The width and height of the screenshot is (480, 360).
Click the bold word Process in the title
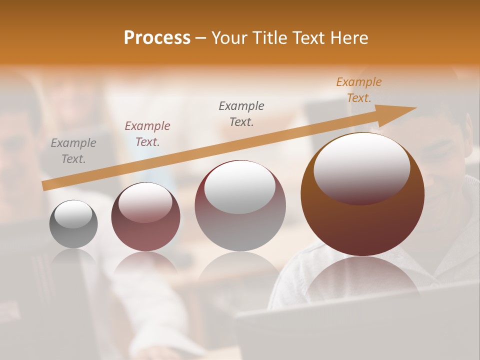pyautogui.click(x=157, y=38)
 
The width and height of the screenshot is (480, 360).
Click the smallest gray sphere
pyautogui.click(x=73, y=224)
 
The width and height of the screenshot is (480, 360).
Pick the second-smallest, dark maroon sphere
pyautogui.click(x=145, y=217)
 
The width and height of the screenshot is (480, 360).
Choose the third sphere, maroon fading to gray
pyautogui.click(x=240, y=206)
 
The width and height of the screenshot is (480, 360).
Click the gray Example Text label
pyautogui.click(x=73, y=151)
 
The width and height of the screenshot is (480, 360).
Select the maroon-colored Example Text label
pyautogui.click(x=147, y=134)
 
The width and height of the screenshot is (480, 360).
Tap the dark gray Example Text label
pyautogui.click(x=241, y=113)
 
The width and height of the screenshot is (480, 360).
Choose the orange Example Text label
pyautogui.click(x=358, y=90)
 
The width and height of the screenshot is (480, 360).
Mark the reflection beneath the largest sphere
pyautogui.click(x=362, y=277)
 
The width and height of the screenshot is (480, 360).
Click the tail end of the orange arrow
pyautogui.click(x=46, y=185)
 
